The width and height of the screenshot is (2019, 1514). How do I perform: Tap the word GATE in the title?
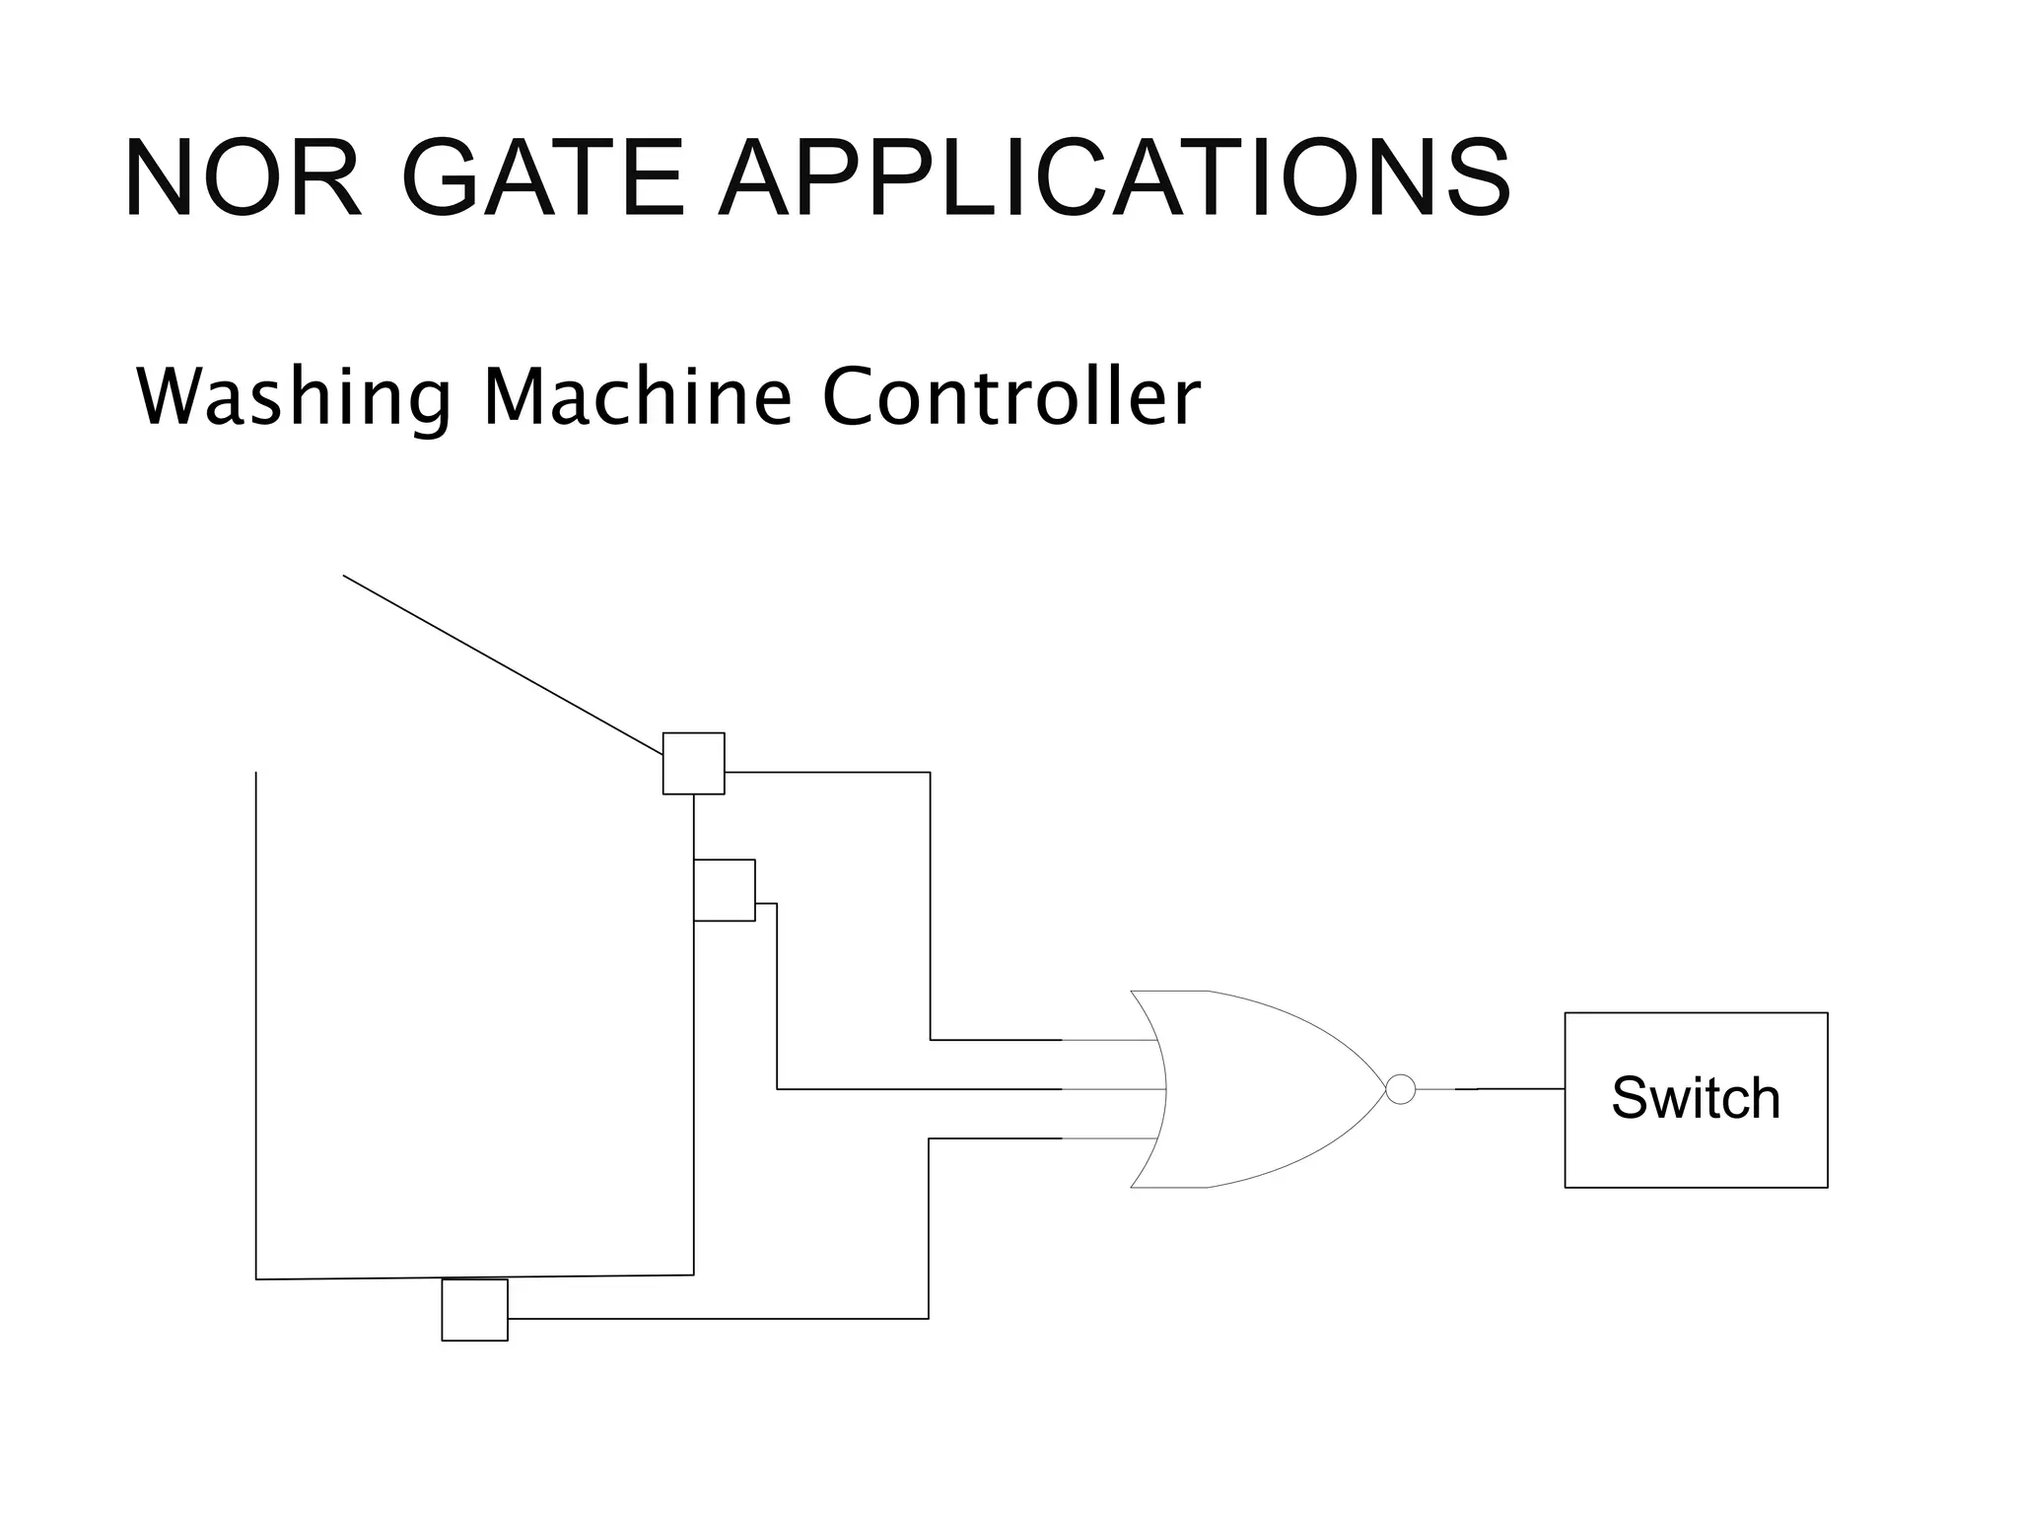(542, 178)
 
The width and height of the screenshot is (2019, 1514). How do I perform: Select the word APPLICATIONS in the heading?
(1114, 178)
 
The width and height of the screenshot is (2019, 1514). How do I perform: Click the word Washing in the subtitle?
(294, 397)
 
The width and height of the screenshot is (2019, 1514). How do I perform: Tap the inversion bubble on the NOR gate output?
(1400, 1089)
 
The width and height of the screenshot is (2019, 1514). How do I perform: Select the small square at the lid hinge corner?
(693, 763)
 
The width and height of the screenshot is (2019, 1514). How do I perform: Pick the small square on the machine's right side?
(725, 890)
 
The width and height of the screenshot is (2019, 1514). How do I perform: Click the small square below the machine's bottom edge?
(474, 1310)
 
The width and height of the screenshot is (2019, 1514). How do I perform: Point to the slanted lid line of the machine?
(503, 664)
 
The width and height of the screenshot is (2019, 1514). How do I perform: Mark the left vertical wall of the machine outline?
(256, 1025)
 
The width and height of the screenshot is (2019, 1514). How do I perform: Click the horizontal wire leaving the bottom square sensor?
(720, 1318)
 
